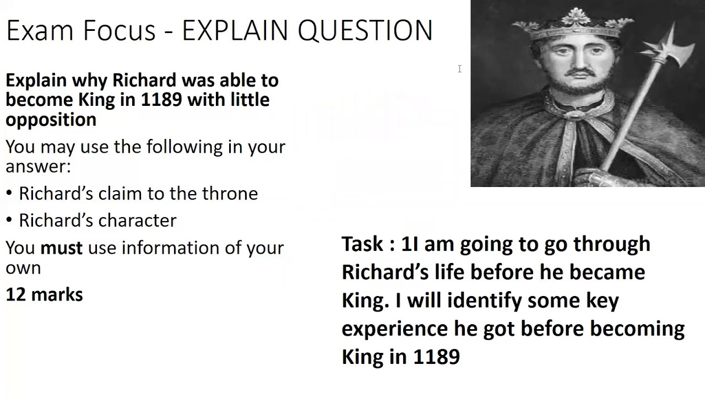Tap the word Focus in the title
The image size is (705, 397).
click(118, 30)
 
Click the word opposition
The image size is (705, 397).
click(51, 120)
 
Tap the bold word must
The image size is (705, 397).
click(61, 248)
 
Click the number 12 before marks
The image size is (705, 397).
click(15, 295)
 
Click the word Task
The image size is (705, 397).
click(363, 244)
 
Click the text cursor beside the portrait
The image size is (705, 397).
click(459, 69)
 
